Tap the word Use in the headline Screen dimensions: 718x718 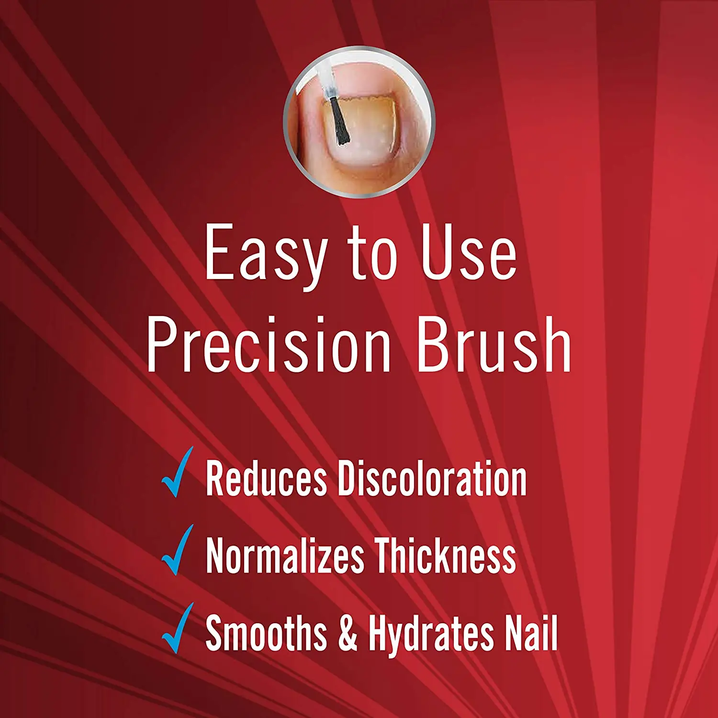[469, 254]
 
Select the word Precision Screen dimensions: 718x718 [269, 345]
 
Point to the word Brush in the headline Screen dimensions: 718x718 [494, 345]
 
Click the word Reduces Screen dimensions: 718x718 [266, 479]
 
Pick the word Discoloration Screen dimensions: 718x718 [432, 479]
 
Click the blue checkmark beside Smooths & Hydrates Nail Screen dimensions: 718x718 [178, 629]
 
